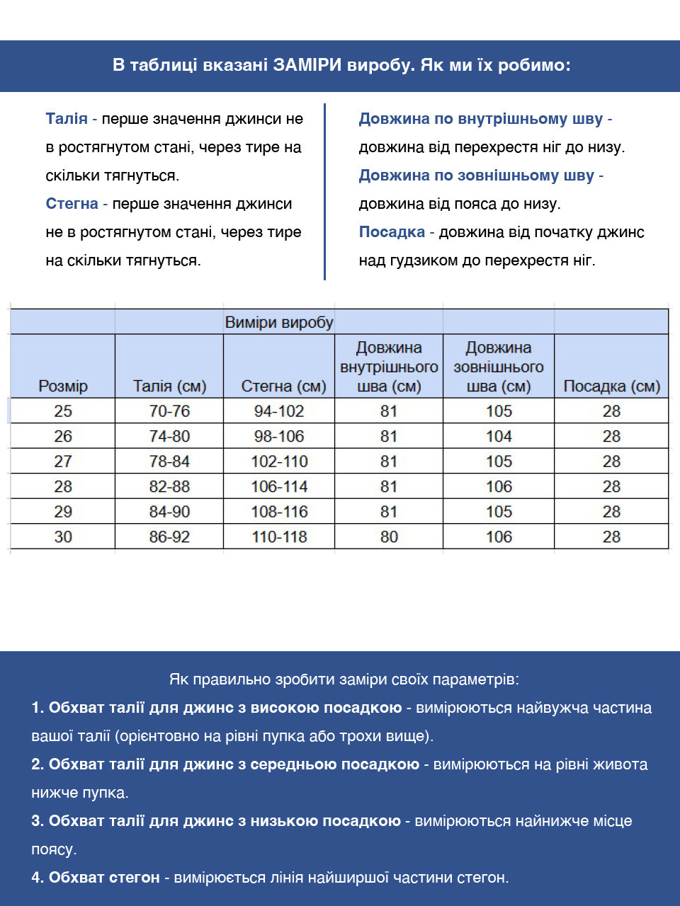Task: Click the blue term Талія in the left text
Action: [x=67, y=119]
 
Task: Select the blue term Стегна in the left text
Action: [x=72, y=204]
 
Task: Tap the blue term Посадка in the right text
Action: [x=392, y=232]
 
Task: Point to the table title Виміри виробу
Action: [x=278, y=322]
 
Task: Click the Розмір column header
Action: [x=63, y=386]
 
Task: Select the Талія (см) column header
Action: [x=169, y=386]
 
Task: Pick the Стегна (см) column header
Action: [x=283, y=386]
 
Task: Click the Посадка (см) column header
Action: [x=611, y=386]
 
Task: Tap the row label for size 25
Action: [x=63, y=411]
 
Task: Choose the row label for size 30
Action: [x=63, y=537]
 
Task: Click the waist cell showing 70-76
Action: [x=169, y=411]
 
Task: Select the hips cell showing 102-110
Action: [x=279, y=461]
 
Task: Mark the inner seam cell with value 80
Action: [x=389, y=537]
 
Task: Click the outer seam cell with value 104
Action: [x=499, y=436]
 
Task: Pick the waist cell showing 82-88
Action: [x=169, y=486]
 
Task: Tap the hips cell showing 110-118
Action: [x=279, y=537]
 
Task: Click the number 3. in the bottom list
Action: [x=38, y=821]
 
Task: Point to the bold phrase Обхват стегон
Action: [x=104, y=878]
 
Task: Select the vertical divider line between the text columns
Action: [x=324, y=191]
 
